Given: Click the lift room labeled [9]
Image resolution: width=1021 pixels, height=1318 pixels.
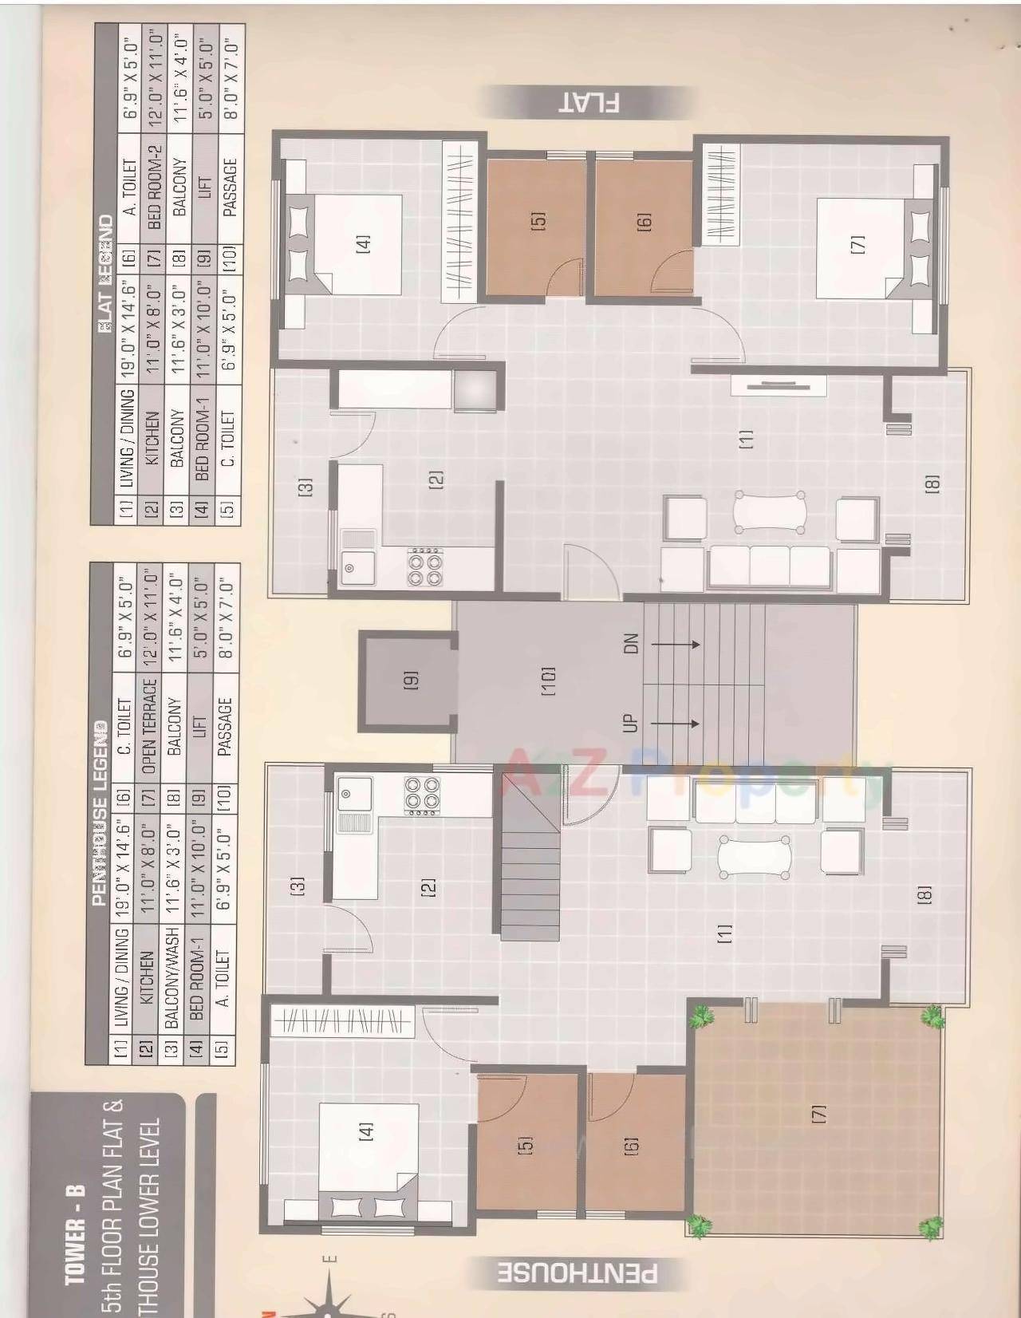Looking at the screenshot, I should (x=409, y=680).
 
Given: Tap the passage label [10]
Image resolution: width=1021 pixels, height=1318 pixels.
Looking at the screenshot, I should (x=548, y=680).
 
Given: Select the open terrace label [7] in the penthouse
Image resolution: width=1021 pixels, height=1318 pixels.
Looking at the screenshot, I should (x=818, y=1114).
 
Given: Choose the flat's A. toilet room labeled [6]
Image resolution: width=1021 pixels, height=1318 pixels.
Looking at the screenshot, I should (x=644, y=220).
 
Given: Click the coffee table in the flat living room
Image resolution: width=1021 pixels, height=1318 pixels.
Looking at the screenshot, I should (x=769, y=511).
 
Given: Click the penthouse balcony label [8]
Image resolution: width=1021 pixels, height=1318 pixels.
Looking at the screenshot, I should (x=924, y=894).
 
